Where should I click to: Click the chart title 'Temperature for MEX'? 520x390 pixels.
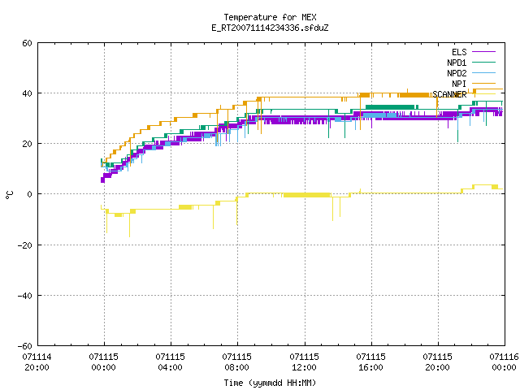[270, 17]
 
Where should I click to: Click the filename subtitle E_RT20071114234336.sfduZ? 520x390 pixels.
[270, 28]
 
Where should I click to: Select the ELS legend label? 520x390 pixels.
[459, 52]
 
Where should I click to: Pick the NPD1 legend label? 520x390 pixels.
[457, 63]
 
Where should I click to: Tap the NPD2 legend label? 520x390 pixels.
[457, 73]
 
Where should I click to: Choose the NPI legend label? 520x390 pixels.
[459, 84]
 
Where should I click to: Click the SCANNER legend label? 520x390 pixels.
[449, 94]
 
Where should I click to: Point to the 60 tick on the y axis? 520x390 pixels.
[27, 43]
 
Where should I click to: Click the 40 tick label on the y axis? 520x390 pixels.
[27, 93]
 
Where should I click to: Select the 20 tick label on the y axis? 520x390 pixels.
[27, 144]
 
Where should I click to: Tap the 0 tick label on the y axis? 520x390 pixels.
[30, 194]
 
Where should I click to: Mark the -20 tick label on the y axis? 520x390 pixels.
[25, 245]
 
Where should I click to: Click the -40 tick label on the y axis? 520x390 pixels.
[25, 296]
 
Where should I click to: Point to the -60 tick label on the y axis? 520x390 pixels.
[25, 346]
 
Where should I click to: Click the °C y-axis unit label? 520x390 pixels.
[9, 195]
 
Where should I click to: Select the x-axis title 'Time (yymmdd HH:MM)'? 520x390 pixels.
[270, 383]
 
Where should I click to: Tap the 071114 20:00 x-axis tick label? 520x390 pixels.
[37, 362]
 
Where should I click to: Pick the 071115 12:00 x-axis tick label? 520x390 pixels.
[304, 362]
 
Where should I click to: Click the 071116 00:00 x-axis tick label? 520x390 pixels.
[505, 362]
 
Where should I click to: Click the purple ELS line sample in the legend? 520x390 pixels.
[484, 52]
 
